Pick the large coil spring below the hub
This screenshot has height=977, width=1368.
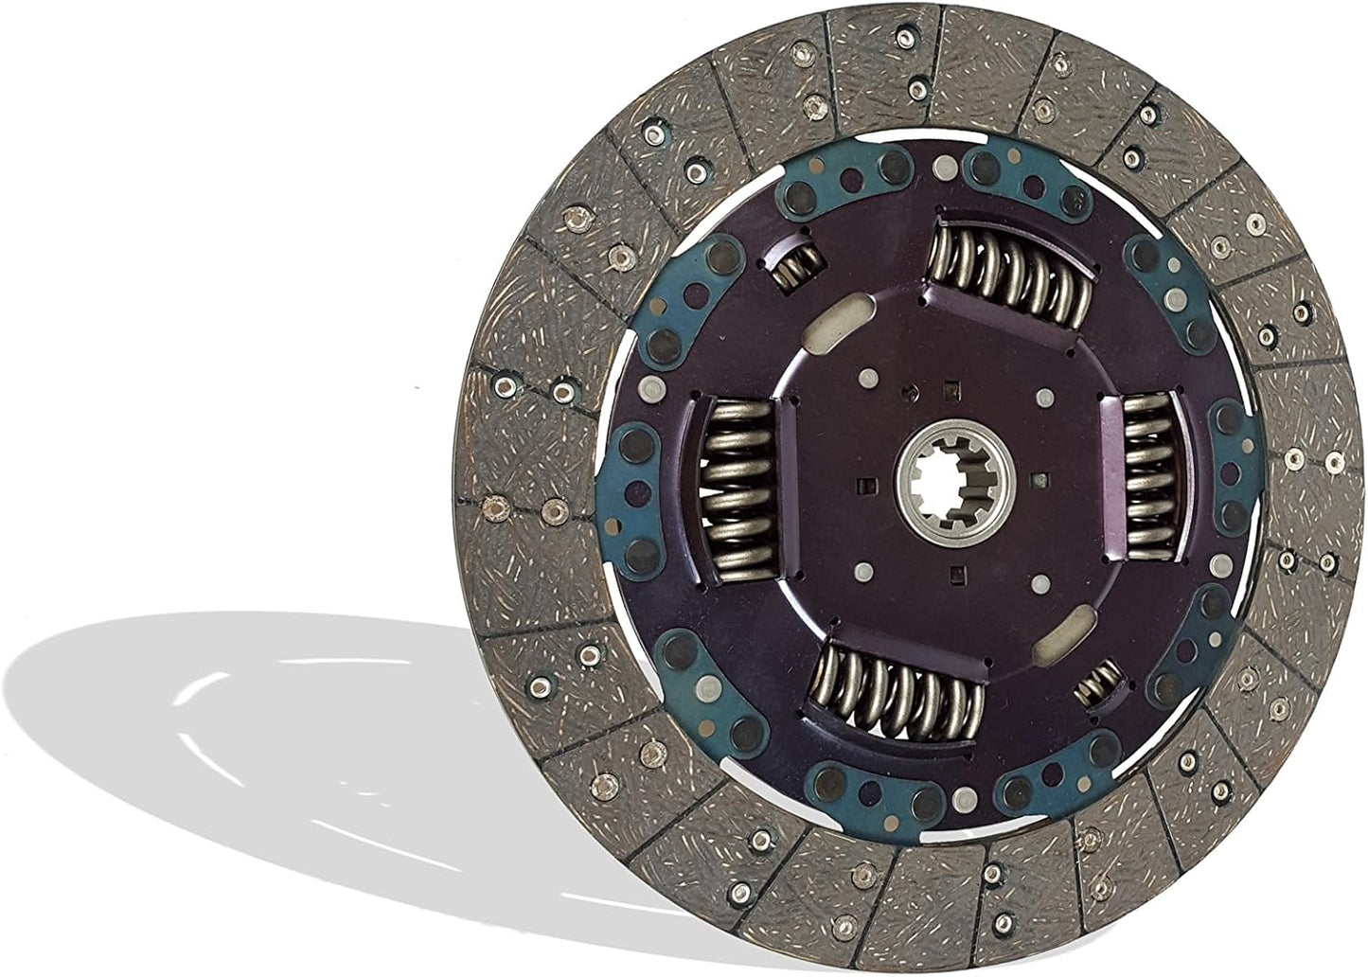[895, 686]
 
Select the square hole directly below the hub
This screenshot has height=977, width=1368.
[958, 571]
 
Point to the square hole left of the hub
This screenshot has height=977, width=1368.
[862, 487]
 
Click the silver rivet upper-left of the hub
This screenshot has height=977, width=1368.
[864, 382]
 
